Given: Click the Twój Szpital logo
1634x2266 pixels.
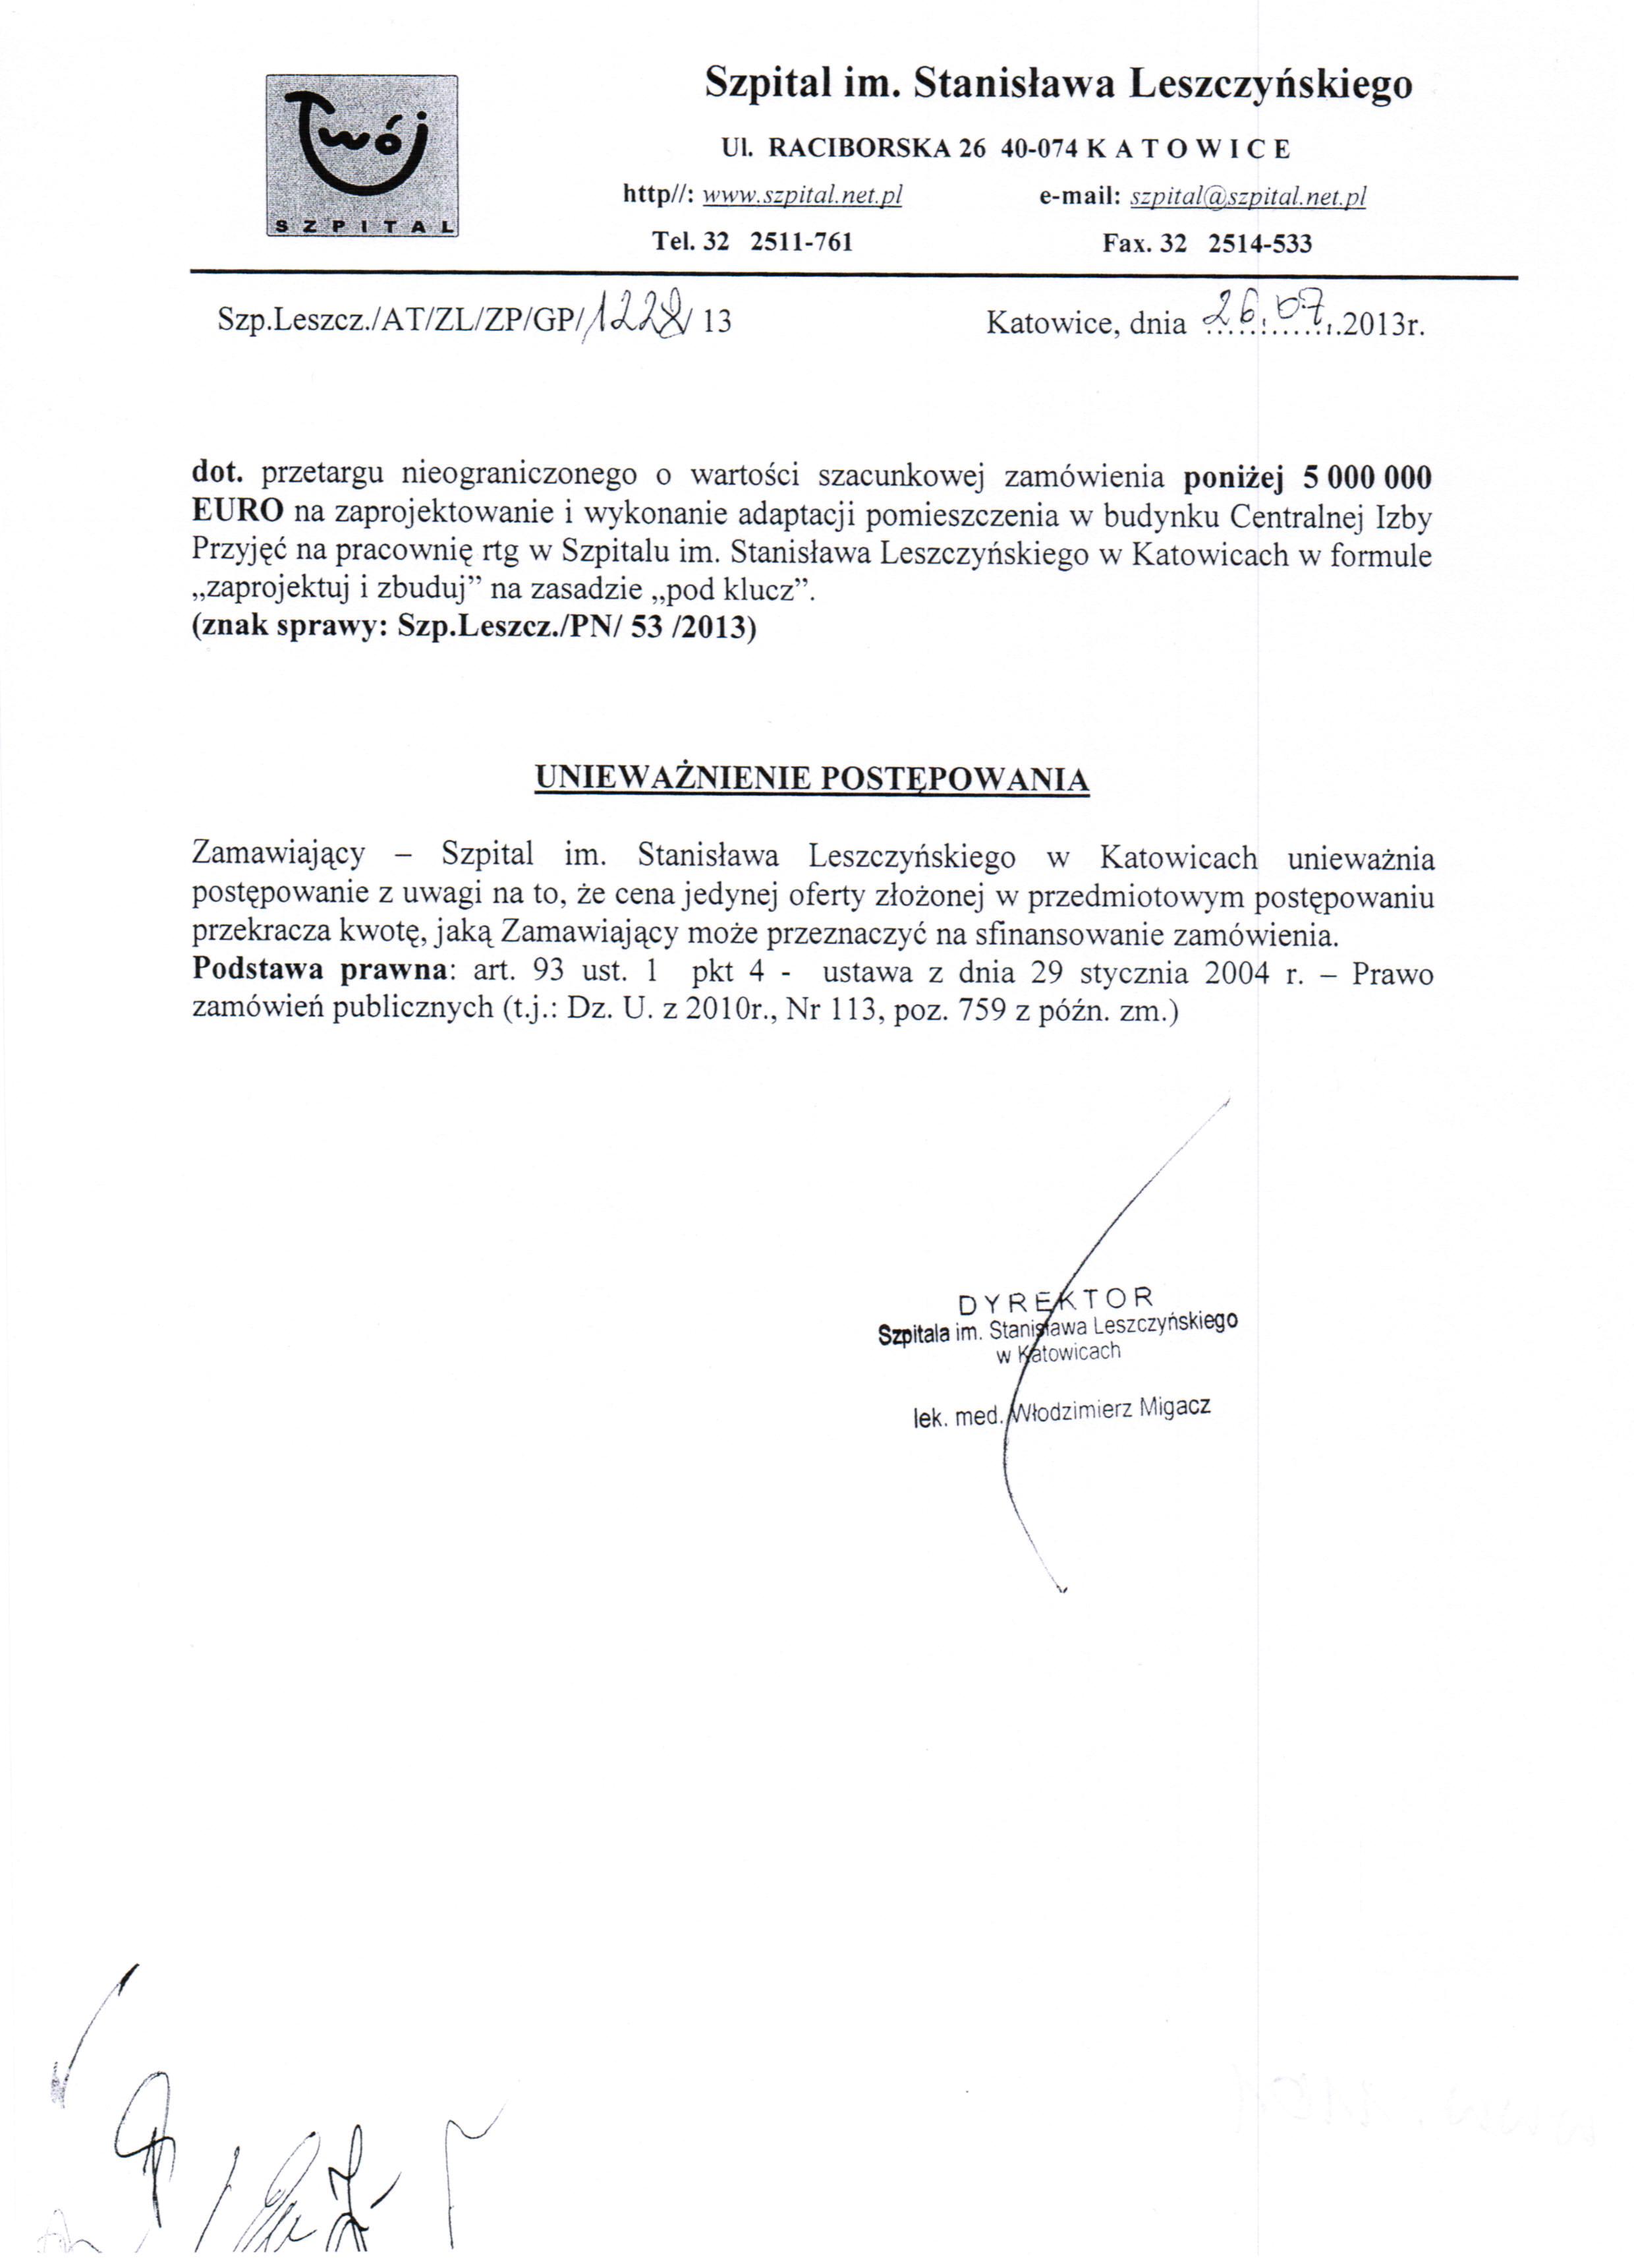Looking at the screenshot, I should (x=362, y=155).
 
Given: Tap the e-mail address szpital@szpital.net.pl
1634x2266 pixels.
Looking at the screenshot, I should (x=1247, y=197).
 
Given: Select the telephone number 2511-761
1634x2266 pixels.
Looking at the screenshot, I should (x=801, y=242).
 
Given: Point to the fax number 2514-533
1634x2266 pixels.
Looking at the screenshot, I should (x=1260, y=243).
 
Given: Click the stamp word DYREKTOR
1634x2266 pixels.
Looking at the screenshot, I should (x=1056, y=1300).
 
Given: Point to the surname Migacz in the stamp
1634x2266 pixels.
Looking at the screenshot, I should (x=1175, y=1408).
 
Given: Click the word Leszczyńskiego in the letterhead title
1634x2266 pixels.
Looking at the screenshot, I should (x=1270, y=84).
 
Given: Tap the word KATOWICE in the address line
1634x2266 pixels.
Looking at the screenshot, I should (x=1187, y=149).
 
